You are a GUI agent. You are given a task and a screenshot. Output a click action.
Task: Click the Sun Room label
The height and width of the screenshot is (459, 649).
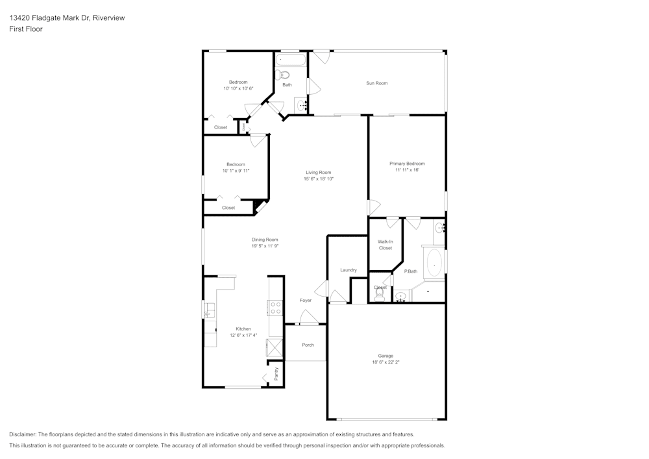point(376,83)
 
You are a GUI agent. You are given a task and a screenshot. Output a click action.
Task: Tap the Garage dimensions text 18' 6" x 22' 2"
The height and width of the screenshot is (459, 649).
point(386,363)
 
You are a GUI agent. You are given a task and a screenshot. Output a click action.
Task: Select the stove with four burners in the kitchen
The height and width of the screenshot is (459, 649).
point(275,308)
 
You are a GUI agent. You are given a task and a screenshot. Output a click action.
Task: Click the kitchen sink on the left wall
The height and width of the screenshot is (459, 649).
point(209,312)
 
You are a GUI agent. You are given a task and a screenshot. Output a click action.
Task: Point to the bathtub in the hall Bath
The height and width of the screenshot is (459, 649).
point(290,62)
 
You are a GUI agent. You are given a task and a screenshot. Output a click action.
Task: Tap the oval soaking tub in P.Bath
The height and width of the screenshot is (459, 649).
point(433,264)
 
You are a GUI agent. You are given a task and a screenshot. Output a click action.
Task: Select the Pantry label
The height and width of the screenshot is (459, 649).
point(276,373)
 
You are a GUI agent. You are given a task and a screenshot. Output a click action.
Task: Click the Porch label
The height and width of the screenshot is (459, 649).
point(308,345)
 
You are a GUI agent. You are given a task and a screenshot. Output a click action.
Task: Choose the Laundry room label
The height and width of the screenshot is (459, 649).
point(348,270)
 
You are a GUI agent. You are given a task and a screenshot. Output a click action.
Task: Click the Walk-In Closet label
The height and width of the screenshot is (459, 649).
point(386,245)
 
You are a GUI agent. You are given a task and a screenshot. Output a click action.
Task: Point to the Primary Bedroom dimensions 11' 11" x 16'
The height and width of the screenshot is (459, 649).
point(407,170)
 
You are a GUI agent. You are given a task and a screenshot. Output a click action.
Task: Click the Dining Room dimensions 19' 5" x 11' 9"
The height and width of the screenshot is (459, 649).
point(265,246)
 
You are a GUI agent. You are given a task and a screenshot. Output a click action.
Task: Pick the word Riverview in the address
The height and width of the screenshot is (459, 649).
point(109,18)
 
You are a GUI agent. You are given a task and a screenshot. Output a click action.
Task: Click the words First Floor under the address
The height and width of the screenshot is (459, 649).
point(26,29)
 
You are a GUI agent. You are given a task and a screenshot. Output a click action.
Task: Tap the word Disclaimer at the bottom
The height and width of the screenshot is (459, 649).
point(23,434)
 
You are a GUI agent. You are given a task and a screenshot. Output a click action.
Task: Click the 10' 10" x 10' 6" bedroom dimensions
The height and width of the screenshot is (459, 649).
point(238,88)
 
